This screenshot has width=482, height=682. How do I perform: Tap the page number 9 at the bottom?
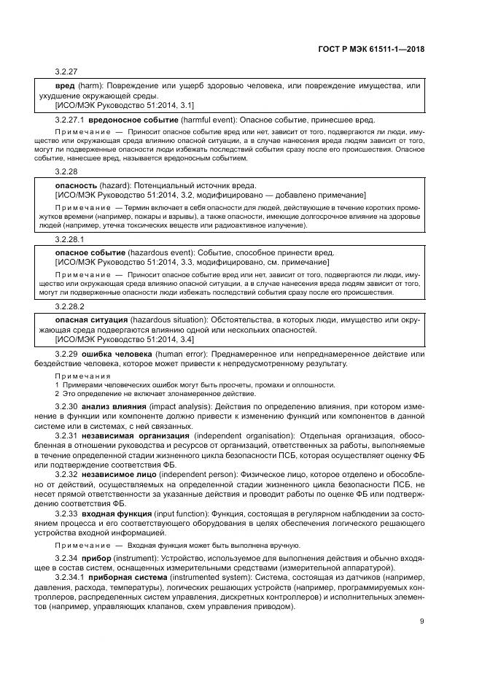tap(422, 621)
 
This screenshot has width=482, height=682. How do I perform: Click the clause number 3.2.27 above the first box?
tap(67, 72)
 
